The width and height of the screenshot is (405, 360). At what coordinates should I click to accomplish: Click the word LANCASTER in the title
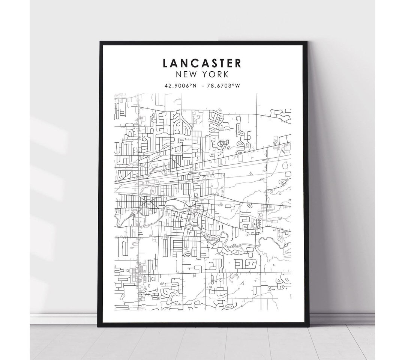click(x=202, y=63)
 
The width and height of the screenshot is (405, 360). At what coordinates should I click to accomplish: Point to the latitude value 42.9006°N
click(x=180, y=86)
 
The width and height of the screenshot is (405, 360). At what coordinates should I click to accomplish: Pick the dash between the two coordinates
click(x=203, y=86)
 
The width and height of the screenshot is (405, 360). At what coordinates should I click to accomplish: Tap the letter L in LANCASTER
click(x=166, y=63)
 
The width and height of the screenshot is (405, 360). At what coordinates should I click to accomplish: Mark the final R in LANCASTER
click(x=238, y=63)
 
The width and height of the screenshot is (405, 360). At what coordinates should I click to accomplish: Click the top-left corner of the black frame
click(x=100, y=42)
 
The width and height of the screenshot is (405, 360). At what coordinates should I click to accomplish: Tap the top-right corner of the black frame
click(x=307, y=42)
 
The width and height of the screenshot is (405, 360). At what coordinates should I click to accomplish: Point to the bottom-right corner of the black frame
click(x=308, y=327)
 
